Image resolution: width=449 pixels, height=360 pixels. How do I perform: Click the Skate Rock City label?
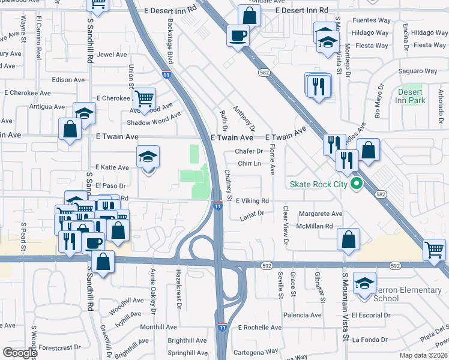click(x=318, y=184)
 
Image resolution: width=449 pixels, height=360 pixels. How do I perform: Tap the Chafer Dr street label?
click(x=249, y=152)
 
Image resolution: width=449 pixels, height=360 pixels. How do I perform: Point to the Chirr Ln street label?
click(x=249, y=163)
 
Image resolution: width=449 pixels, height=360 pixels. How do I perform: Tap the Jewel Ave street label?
click(x=112, y=55)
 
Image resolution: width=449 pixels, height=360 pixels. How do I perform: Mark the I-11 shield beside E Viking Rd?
click(x=218, y=206)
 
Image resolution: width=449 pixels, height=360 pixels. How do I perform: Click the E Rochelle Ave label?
click(x=260, y=328)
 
